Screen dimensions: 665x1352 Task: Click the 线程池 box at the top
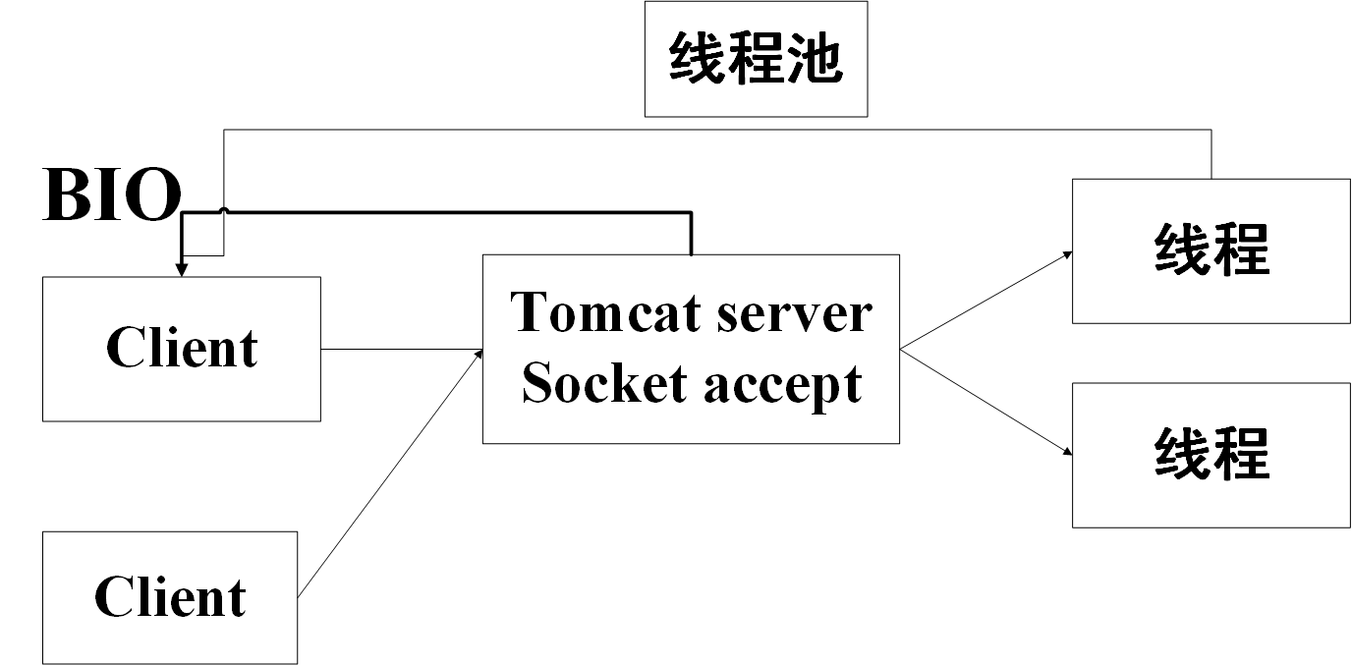(756, 59)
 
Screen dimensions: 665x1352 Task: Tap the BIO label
(112, 195)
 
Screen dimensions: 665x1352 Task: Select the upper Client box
(182, 349)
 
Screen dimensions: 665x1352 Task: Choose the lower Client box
(170, 597)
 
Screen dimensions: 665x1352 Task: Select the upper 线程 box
(1211, 250)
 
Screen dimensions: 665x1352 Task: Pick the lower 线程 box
(1211, 455)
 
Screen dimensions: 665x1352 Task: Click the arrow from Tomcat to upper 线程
(983, 301)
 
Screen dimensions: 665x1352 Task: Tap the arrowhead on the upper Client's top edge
(182, 270)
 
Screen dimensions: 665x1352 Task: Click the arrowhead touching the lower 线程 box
(1066, 452)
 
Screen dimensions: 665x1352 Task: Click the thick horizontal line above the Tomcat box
(442, 211)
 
